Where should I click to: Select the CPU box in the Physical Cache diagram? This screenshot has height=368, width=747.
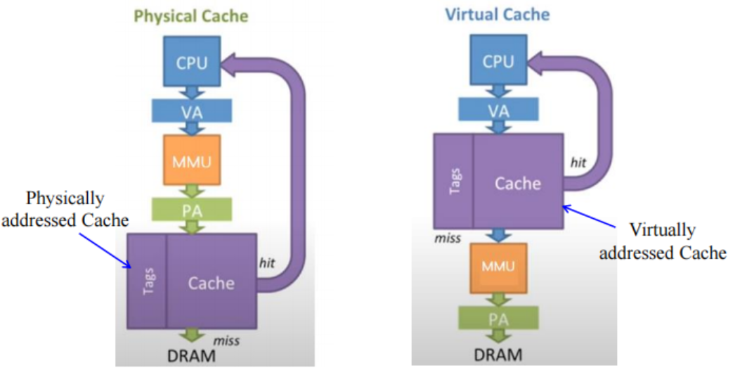[192, 62]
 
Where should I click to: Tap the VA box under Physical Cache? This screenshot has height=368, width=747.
[192, 110]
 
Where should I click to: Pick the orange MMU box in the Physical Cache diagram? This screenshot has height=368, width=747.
[192, 160]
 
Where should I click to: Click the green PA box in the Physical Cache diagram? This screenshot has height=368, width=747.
[192, 209]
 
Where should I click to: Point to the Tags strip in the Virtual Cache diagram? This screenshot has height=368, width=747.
[454, 181]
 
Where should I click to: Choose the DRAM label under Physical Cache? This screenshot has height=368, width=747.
[192, 355]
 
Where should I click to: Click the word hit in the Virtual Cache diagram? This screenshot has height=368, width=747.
[578, 163]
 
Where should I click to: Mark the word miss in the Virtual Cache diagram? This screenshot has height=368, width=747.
[448, 239]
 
